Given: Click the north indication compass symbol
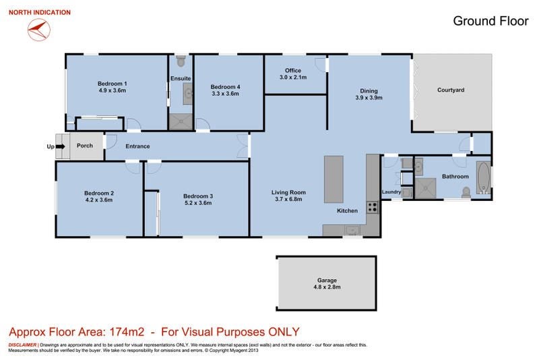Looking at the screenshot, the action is [x=39, y=30].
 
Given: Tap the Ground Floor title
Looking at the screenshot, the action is [x=490, y=21].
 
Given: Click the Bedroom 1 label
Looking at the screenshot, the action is [x=113, y=84].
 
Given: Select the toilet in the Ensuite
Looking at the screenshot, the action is [x=181, y=61].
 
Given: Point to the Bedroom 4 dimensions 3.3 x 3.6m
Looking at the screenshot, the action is [x=226, y=94].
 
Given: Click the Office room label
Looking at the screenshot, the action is [x=293, y=71].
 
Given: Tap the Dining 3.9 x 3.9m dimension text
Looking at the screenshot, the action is [x=369, y=98].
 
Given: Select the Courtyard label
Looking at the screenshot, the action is [x=451, y=90].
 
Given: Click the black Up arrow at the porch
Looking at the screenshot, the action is [x=60, y=146].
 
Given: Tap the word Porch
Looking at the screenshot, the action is [x=85, y=146].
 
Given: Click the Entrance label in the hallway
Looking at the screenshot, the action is [x=137, y=146].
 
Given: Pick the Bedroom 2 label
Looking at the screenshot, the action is [x=99, y=193].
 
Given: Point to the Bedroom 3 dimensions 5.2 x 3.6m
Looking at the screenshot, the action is [x=198, y=203].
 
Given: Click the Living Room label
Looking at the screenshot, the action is [x=288, y=193].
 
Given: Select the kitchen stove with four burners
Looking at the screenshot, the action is [x=373, y=208].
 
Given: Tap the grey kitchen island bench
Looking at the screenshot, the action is [x=334, y=179].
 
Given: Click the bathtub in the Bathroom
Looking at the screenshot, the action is [x=483, y=178].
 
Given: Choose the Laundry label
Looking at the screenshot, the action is [x=391, y=192].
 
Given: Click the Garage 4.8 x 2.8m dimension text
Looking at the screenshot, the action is [x=327, y=287].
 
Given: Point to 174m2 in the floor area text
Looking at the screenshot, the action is [x=127, y=332].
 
